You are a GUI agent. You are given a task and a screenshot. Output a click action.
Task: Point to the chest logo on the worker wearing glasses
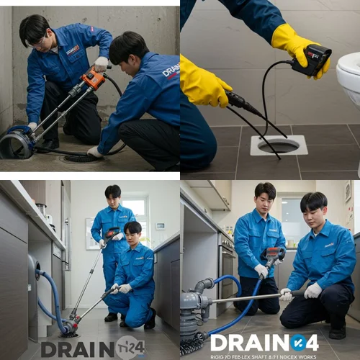coord(73,50)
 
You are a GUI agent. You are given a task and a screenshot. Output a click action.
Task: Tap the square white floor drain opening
coord(279,145)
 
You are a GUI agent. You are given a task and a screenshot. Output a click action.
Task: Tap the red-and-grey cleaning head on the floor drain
coord(68,330)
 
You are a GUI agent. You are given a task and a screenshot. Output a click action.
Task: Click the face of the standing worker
coord(112,195)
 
